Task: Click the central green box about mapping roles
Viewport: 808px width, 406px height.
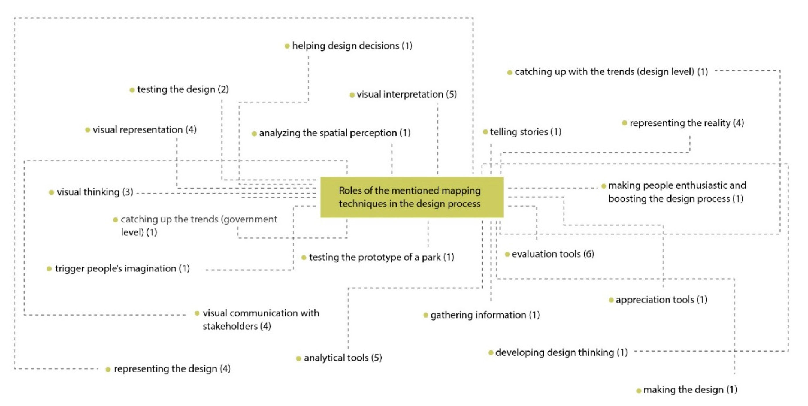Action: [411, 197]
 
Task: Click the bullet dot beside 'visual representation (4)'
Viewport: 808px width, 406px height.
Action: [88, 130]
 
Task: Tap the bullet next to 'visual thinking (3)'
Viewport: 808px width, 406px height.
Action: [51, 192]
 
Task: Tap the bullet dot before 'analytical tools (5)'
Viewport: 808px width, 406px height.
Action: [299, 358]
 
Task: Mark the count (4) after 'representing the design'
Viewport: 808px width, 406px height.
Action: [225, 369]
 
